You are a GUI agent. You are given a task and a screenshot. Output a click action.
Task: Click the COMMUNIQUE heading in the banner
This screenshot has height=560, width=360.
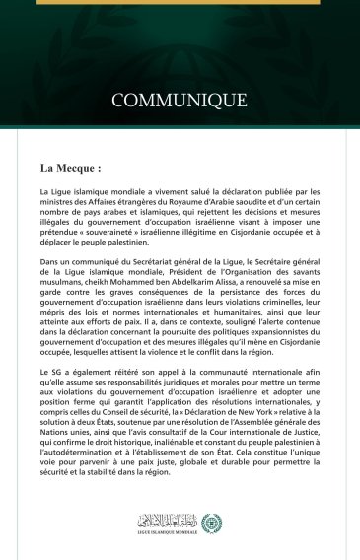[180, 101]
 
